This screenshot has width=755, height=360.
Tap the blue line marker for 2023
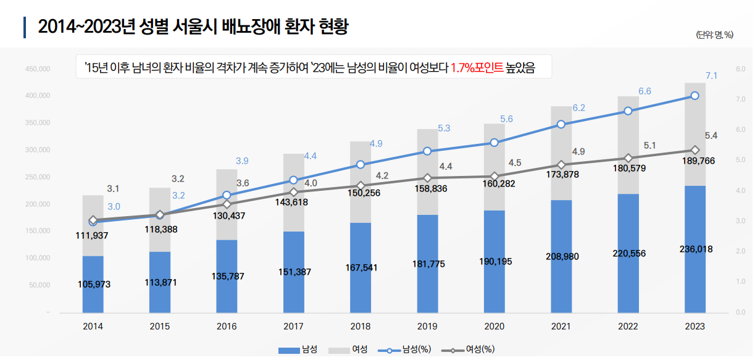695,96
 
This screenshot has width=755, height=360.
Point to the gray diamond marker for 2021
561,165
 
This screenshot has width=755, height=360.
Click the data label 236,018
695,249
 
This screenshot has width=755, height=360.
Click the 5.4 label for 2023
711,135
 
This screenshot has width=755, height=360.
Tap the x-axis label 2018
360,327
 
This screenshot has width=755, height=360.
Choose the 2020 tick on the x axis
494,327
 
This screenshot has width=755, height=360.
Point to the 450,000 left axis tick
38,69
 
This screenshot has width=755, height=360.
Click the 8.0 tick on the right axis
741,69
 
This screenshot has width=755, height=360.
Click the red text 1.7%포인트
477,68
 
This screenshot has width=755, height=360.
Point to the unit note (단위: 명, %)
714,35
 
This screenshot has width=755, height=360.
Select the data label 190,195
494,261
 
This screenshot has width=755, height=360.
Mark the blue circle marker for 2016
227,195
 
